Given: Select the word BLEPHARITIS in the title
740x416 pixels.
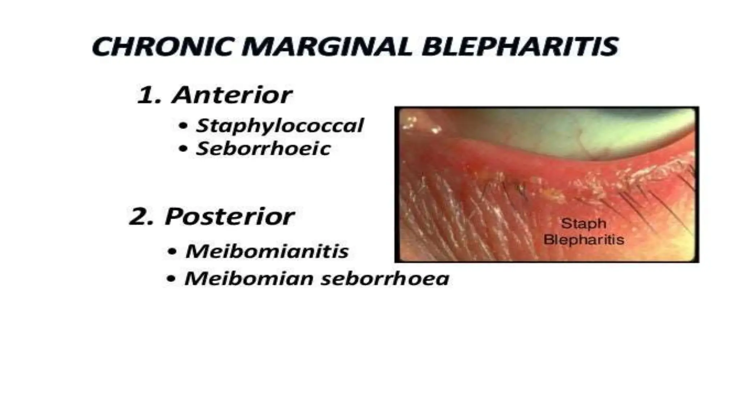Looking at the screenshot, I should click(520, 47).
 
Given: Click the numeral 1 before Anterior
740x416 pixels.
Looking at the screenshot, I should click(147, 95).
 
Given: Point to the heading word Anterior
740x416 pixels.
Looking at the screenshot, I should click(232, 95).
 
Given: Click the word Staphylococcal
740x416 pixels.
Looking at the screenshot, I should click(279, 125).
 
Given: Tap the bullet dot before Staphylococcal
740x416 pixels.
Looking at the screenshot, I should click(184, 126).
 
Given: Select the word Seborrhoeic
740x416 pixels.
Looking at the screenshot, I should click(263, 148).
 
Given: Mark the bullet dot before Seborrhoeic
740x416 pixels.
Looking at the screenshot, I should click(184, 149).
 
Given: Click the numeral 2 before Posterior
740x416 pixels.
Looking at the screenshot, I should click(139, 217).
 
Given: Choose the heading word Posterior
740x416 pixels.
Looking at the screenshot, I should click(229, 217).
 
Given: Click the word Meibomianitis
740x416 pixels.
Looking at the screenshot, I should click(267, 251).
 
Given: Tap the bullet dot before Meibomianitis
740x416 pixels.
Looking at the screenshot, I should click(173, 252).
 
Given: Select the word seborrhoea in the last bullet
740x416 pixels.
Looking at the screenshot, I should click(385, 278).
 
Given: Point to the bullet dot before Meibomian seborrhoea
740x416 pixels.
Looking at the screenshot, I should click(172, 279).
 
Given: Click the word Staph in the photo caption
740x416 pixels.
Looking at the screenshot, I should click(583, 224).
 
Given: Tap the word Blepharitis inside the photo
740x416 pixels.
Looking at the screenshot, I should click(584, 239).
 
